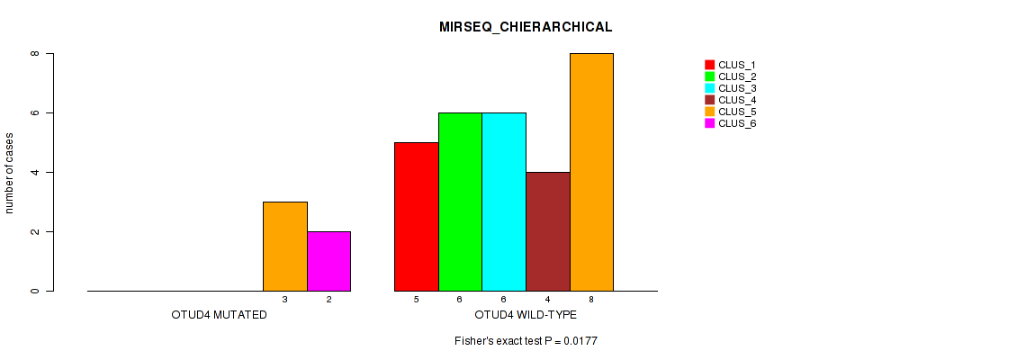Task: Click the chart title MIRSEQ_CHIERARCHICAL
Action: tap(526, 27)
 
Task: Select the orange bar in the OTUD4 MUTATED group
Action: tap(284, 246)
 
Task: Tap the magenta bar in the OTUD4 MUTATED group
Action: tap(328, 261)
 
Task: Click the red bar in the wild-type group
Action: tap(417, 216)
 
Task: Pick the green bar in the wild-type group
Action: tap(460, 202)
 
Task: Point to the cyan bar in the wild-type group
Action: tap(504, 202)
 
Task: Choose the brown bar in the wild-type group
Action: tap(548, 231)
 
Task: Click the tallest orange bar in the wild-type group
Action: tap(591, 172)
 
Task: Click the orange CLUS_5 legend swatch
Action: tap(709, 112)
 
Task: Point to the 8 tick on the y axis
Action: tap(36, 53)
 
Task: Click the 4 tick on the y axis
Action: tap(36, 172)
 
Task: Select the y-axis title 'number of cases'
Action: tap(10, 173)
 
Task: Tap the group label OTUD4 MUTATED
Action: tap(219, 316)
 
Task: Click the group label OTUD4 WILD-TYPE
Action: tap(526, 316)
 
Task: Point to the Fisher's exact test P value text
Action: tap(526, 341)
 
